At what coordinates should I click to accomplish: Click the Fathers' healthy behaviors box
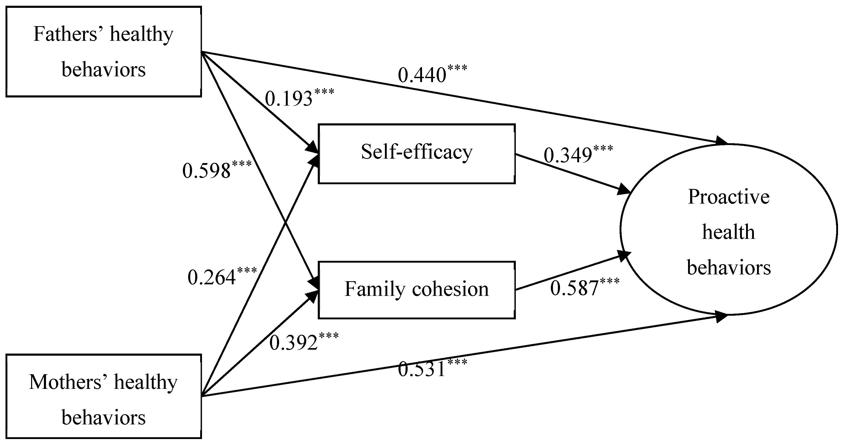point(103,52)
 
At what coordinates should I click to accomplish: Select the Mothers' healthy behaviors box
point(103,396)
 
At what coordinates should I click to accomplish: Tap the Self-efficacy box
point(417,153)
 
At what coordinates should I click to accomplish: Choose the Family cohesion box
point(417,290)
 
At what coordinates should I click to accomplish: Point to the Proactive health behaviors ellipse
point(729,230)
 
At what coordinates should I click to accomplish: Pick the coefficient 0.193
point(289,99)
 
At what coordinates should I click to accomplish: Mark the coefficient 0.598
point(206,171)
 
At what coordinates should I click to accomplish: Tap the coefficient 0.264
point(211,278)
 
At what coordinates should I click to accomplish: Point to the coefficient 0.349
point(568,155)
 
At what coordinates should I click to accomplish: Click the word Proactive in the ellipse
point(729,197)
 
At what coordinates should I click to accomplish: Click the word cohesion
point(450,289)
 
